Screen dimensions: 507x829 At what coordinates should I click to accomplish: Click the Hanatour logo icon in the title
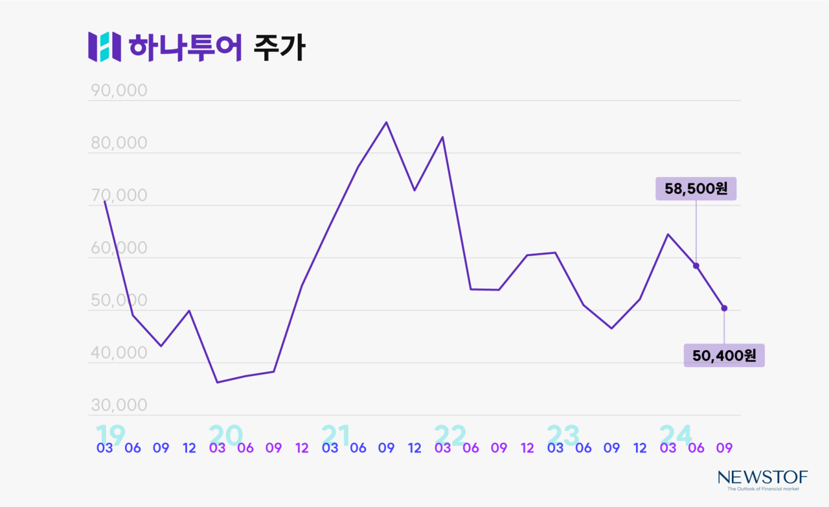point(104,47)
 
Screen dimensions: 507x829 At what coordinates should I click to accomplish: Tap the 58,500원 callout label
point(696,189)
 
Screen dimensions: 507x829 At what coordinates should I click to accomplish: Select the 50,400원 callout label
point(723,355)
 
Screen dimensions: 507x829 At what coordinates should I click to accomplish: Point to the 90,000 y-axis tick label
point(119,91)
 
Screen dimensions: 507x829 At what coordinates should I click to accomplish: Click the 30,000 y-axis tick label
point(119,406)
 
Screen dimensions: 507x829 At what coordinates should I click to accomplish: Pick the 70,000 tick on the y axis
point(119,196)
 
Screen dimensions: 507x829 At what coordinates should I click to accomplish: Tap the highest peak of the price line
point(386,122)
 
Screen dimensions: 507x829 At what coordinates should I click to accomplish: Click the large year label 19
point(110,435)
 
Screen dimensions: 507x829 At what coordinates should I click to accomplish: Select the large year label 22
point(449,435)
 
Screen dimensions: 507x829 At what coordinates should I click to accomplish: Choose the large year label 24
point(676,435)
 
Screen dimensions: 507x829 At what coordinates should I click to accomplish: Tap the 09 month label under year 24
point(724,448)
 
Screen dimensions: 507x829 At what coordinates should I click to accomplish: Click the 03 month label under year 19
point(105,448)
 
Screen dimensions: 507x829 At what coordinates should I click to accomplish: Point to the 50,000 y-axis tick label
point(119,301)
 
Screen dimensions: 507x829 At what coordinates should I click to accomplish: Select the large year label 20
point(225,435)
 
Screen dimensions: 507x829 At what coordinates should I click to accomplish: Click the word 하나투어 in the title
point(185,47)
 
